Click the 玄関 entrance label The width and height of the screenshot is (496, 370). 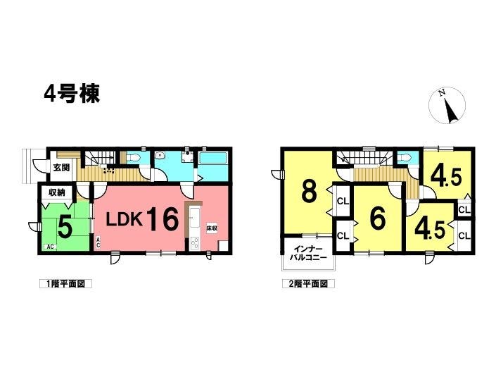(x=61, y=168)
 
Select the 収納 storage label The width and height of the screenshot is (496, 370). (x=57, y=192)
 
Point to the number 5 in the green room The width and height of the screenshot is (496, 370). (x=64, y=227)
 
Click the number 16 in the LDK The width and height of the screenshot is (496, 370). (x=161, y=219)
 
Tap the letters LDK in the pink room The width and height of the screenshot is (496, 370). (x=124, y=221)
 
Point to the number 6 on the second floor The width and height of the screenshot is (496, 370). (x=378, y=219)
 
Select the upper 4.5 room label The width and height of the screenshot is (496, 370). (x=446, y=177)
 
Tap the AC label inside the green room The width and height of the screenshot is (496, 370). (x=50, y=247)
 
